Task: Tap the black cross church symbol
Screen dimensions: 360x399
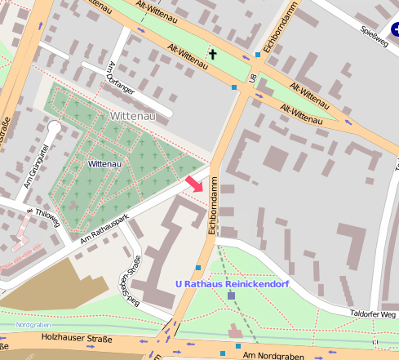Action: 214,55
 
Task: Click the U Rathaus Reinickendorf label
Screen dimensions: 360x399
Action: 233,284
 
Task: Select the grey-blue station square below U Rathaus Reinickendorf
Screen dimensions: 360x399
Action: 232,296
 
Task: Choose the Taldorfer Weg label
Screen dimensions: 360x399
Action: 372,313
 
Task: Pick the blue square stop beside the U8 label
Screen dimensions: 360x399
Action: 258,55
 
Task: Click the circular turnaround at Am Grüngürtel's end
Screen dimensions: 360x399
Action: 54,127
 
